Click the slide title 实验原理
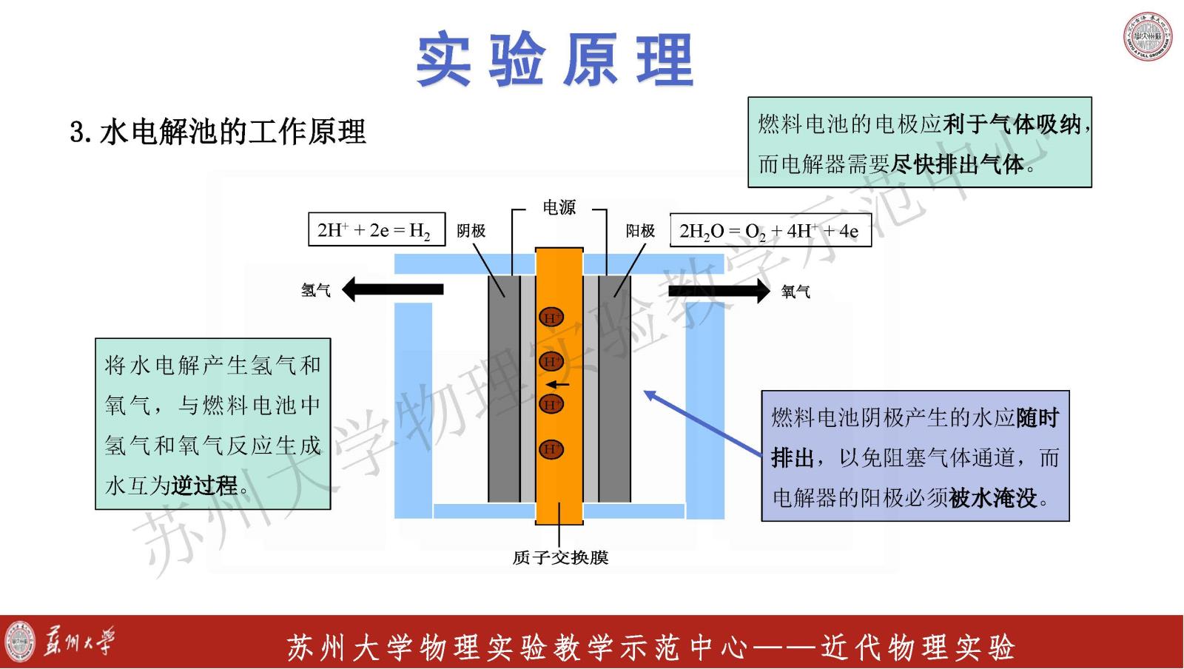[554, 60]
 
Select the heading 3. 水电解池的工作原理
[218, 132]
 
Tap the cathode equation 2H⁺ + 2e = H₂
[376, 230]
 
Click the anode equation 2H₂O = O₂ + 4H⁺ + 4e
[770, 231]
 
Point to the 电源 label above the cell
[559, 208]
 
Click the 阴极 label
[471, 231]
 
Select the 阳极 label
[640, 231]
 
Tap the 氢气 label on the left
[316, 290]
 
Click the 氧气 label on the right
[796, 292]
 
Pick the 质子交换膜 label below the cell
[560, 557]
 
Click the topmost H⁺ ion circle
[551, 317]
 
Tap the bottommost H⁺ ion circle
[551, 448]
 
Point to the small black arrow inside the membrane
[558, 385]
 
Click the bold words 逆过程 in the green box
[205, 485]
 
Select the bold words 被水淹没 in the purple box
[993, 498]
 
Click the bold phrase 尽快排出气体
[958, 164]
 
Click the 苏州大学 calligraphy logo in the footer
[78, 641]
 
